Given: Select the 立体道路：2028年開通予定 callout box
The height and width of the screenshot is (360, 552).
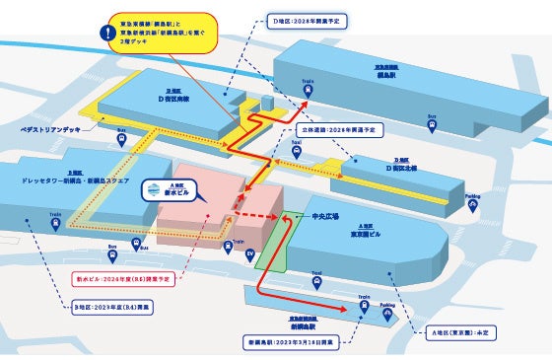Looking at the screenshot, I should click(335, 129).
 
